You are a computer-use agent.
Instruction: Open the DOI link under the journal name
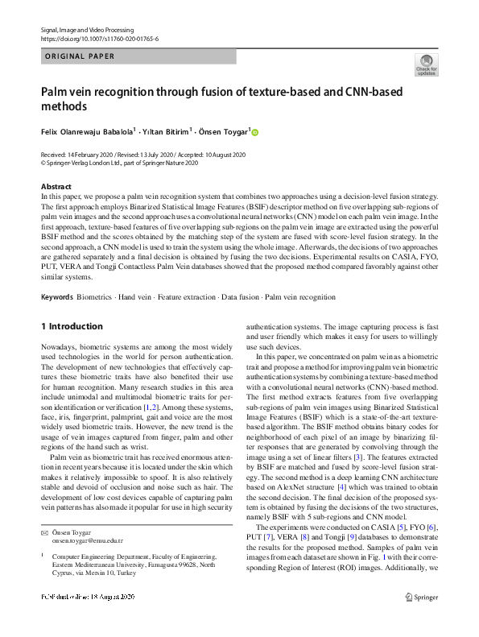[x=99, y=38]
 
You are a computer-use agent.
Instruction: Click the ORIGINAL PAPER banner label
[x=79, y=56]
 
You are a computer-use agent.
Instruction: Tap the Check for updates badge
[x=426, y=64]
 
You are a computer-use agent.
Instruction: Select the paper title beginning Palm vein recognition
[x=221, y=99]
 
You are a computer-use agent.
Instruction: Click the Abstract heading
[x=56, y=187]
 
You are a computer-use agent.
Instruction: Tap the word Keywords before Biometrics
[x=56, y=297]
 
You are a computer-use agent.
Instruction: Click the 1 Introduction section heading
[x=72, y=326]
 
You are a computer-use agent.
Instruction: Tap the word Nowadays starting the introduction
[x=60, y=347]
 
